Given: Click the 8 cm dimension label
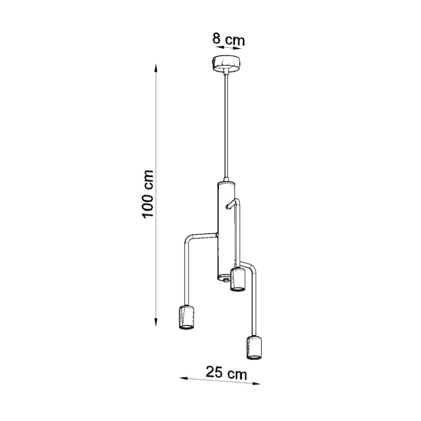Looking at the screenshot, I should click(x=228, y=40).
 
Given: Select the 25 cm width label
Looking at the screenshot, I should click(x=225, y=372).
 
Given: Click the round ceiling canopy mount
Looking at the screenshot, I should click(x=227, y=64).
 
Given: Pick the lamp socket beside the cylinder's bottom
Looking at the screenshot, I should click(x=239, y=280).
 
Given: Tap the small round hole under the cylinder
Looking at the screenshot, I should click(x=225, y=278).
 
